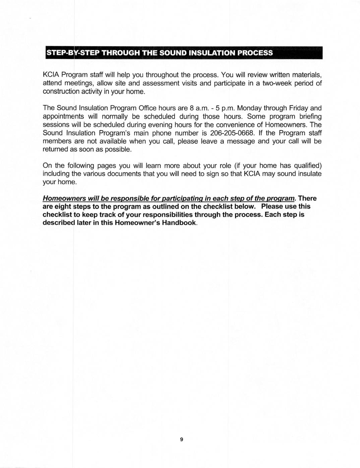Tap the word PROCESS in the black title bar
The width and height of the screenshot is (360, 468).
tap(255, 53)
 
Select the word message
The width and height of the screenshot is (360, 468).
tap(238, 141)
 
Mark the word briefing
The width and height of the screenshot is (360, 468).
tap(308, 116)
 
